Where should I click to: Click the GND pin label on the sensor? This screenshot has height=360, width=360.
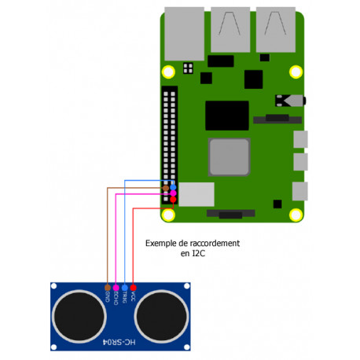(107, 297)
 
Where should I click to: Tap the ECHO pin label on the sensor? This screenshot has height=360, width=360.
(116, 299)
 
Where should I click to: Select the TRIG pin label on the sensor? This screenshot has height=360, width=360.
(124, 298)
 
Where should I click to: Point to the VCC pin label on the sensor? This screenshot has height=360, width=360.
(133, 297)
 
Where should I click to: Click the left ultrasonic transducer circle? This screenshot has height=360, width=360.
(79, 317)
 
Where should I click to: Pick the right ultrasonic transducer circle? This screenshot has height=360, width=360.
(162, 317)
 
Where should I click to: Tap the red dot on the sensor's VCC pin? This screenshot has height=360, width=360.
(133, 288)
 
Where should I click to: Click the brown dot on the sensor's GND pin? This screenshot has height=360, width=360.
(107, 288)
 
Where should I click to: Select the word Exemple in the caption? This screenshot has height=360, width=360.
(161, 244)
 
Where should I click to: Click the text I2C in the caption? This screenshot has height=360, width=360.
(200, 255)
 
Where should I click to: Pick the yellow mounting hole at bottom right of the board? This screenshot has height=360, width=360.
(296, 215)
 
